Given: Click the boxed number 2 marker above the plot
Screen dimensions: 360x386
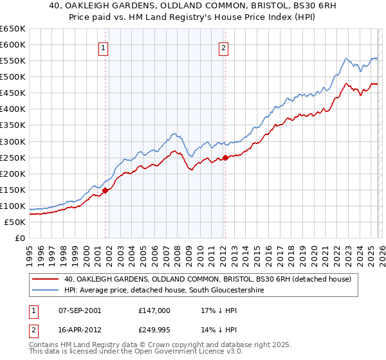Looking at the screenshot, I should (224, 47).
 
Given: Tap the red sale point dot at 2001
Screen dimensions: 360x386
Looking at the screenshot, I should (105, 190).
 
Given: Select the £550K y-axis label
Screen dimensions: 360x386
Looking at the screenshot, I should (13, 61).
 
